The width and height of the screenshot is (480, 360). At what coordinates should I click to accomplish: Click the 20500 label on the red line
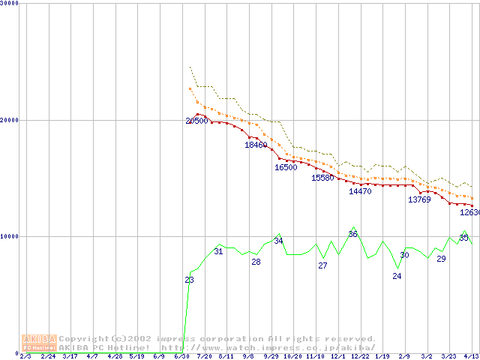(x=196, y=121)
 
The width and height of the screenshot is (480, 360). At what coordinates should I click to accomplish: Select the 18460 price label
(x=256, y=145)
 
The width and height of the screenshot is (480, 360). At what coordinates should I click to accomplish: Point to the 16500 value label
(x=286, y=167)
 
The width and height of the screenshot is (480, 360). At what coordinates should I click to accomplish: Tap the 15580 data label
(x=322, y=178)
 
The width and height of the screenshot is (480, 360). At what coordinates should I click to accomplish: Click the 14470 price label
(x=360, y=191)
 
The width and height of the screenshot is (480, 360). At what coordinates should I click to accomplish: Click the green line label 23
(x=189, y=280)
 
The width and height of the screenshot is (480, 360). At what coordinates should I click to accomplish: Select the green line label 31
(x=218, y=251)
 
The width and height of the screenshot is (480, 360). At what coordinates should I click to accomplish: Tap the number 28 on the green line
(x=256, y=262)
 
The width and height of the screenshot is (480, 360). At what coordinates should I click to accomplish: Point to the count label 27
(x=322, y=265)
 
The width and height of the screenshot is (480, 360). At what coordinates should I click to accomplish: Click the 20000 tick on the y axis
(x=10, y=120)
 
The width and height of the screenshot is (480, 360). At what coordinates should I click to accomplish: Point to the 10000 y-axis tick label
(x=10, y=236)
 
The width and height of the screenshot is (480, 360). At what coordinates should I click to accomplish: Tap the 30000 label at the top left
(x=10, y=3)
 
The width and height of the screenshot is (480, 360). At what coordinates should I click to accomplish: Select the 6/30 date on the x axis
(x=181, y=356)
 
